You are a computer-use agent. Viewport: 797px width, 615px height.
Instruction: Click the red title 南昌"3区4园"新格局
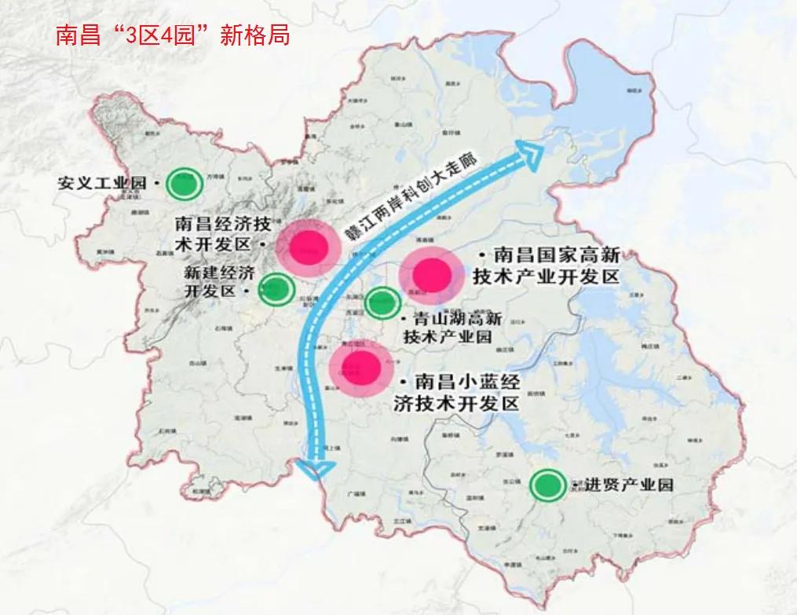(x=173, y=35)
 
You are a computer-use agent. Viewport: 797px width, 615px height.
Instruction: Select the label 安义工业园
(x=102, y=184)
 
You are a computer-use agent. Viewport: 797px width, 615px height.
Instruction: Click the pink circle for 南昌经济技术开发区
(x=308, y=248)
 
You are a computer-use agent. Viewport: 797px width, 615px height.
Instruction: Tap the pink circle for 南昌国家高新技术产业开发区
(x=431, y=273)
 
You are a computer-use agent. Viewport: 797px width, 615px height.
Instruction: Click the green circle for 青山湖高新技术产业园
(x=382, y=302)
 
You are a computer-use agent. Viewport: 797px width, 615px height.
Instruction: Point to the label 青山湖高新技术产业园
(x=452, y=328)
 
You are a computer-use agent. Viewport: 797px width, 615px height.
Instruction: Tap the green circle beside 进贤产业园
(x=547, y=485)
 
